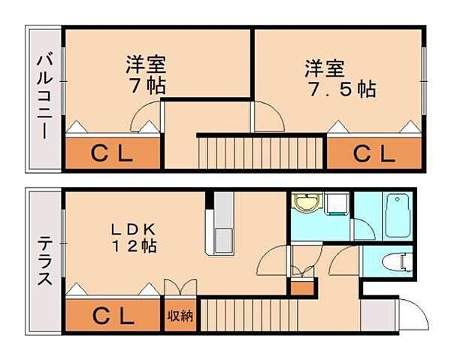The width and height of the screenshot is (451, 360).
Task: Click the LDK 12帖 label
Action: [135, 236]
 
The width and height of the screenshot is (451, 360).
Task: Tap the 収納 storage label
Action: [180, 316]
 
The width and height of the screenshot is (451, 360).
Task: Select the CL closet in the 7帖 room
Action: [113, 154]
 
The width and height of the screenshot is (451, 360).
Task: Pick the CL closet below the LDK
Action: [113, 315]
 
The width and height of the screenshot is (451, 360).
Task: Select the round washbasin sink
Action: [307, 204]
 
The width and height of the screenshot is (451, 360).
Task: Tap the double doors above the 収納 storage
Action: [180, 289]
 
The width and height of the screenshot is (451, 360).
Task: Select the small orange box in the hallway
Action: [301, 287]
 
